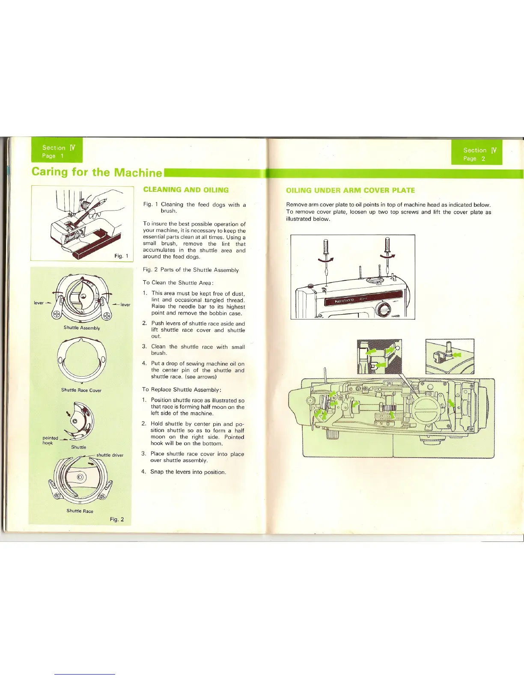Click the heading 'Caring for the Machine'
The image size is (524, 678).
click(97, 172)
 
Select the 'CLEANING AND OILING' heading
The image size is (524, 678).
click(186, 190)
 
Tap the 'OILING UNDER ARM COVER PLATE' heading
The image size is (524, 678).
click(350, 190)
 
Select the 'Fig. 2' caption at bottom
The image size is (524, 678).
click(117, 519)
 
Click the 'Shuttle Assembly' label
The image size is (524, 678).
click(82, 328)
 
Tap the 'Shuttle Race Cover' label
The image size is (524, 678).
click(81, 390)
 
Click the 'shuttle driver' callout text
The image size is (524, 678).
click(110, 455)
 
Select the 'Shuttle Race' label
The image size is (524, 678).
click(80, 511)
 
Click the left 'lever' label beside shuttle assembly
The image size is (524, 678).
click(39, 303)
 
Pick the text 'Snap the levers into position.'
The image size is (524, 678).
click(188, 472)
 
